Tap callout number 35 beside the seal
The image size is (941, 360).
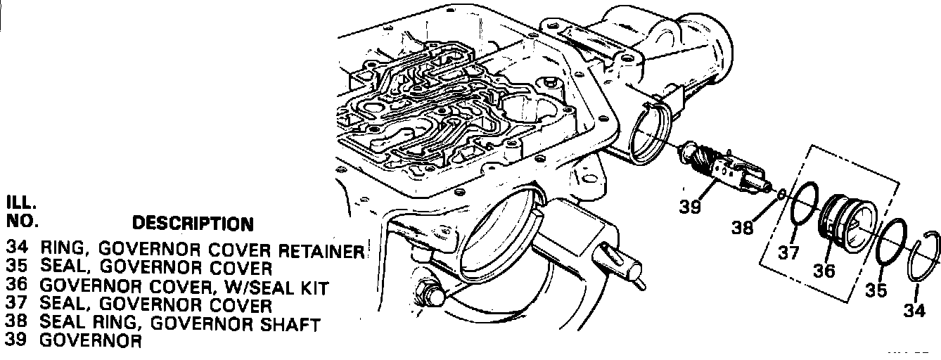876,290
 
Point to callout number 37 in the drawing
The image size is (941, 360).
788,252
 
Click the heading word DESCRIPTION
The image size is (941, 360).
193,224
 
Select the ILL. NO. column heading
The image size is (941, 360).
21,212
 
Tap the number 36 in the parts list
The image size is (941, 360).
15,287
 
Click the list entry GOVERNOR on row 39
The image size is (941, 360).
91,341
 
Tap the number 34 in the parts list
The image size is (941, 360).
15,250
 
